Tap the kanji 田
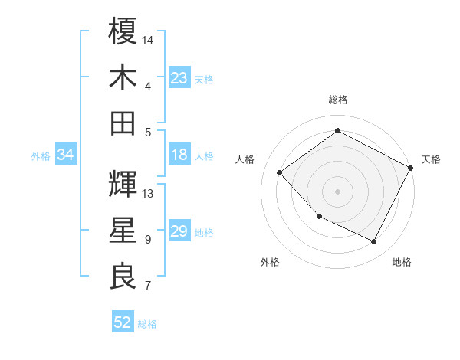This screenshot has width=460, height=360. click(x=123, y=123)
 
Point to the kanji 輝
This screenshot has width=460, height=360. click(x=123, y=184)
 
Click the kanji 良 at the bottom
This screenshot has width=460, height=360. click(x=123, y=276)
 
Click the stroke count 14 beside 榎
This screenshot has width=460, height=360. click(x=149, y=39)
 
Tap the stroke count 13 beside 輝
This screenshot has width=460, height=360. click(x=149, y=193)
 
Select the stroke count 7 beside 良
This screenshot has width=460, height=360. click(x=148, y=286)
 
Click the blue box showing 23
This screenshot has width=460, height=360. click(x=179, y=78)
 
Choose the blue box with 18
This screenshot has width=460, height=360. click(x=179, y=155)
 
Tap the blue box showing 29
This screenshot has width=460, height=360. click(x=179, y=232)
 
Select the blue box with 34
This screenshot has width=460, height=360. click(x=66, y=155)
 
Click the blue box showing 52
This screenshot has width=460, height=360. click(x=123, y=323)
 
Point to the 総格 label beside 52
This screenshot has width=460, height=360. click(x=147, y=324)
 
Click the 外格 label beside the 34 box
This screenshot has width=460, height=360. click(x=41, y=156)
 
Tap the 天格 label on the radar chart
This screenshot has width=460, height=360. click(x=431, y=159)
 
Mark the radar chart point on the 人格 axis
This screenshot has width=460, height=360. click(x=280, y=172)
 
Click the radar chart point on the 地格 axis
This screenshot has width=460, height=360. click(x=373, y=241)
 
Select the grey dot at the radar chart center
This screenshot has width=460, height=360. click(x=337, y=191)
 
